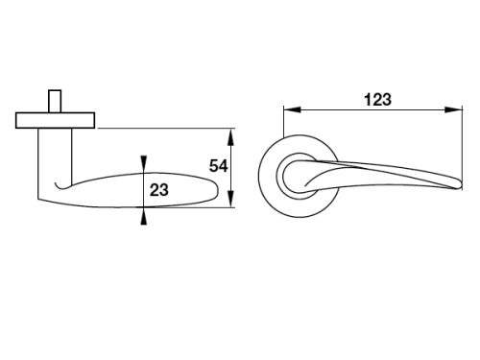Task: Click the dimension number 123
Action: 377,100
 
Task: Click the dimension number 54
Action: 219,166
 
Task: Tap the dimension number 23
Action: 159,190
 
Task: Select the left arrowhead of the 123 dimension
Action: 292,109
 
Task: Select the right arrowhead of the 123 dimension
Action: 454,109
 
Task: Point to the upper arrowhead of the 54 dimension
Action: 231,136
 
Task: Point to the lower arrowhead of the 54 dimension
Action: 231,199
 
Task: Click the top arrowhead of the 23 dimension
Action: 144,164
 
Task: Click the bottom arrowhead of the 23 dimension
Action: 144,216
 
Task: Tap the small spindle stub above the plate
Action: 55,101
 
